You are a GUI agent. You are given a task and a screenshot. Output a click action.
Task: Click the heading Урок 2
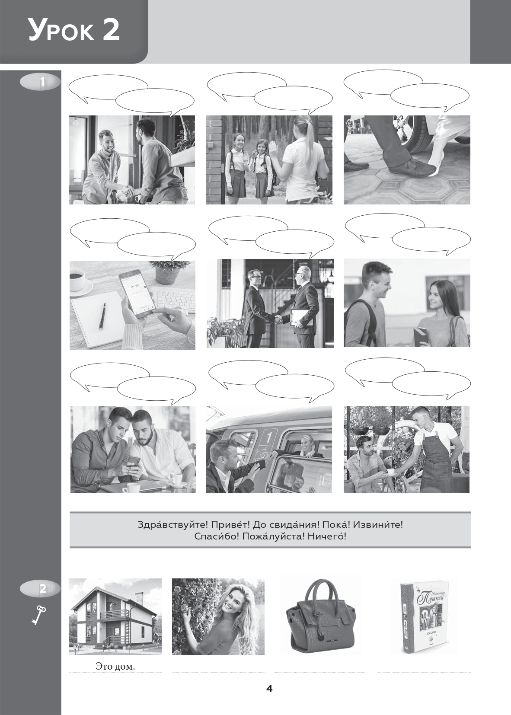(74, 31)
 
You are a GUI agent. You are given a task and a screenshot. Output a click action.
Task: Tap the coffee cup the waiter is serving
(390, 472)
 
